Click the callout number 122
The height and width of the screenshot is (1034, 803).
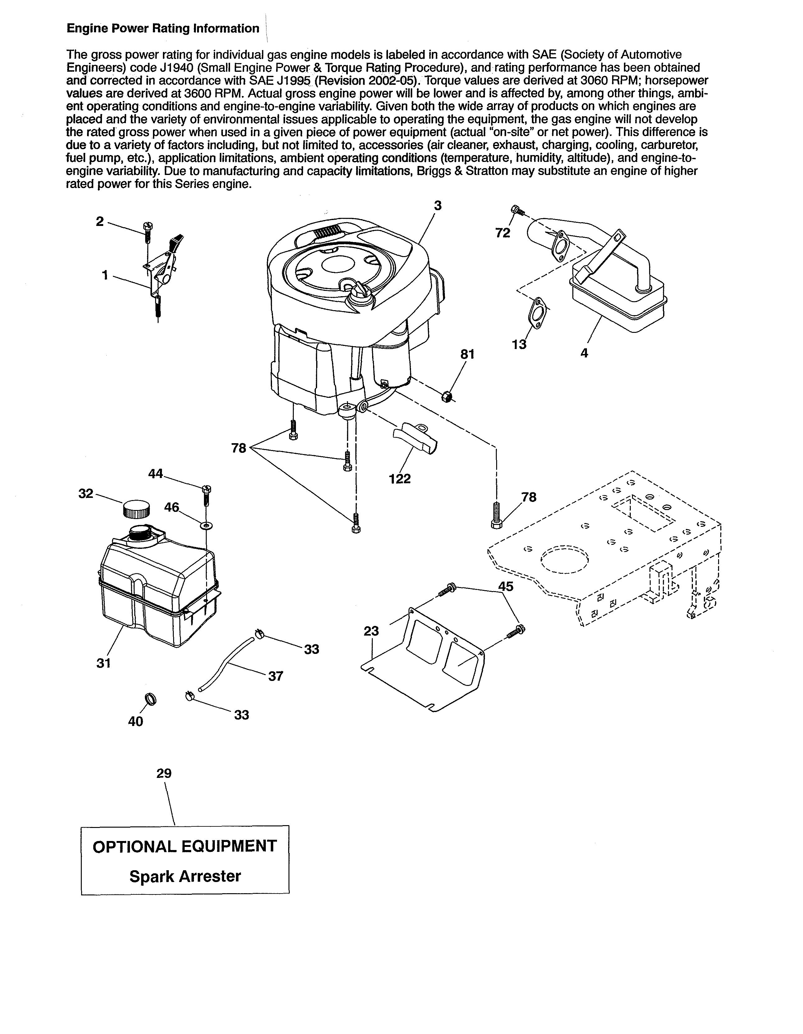pyautogui.click(x=400, y=479)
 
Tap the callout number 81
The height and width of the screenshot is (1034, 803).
pyautogui.click(x=467, y=354)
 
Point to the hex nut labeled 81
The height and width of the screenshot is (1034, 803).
pyautogui.click(x=446, y=396)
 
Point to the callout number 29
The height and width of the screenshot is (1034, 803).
pyautogui.click(x=164, y=774)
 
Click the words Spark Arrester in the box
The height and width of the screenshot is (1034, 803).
pyautogui.click(x=185, y=876)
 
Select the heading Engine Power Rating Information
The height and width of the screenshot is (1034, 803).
pyautogui.click(x=163, y=28)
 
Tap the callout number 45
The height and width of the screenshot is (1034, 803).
pyautogui.click(x=506, y=586)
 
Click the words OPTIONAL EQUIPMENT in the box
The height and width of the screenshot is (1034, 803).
pyautogui.click(x=185, y=846)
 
